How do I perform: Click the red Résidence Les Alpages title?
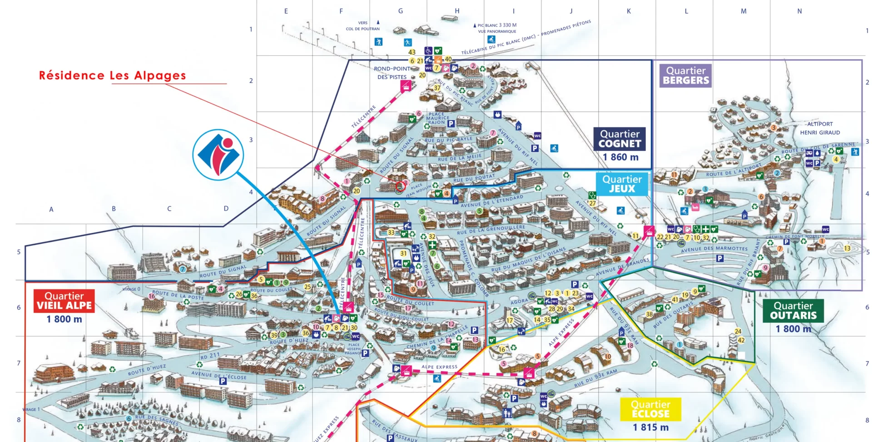(112, 75)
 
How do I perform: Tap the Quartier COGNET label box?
(619, 139)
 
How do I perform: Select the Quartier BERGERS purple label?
(685, 75)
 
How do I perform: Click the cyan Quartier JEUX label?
(622, 184)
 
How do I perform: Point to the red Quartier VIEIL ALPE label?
(64, 301)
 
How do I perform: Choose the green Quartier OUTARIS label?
(793, 311)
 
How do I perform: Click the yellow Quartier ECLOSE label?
(650, 409)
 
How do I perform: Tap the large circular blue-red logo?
(218, 155)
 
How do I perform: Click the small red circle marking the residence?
(400, 186)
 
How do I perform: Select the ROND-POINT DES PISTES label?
(392, 73)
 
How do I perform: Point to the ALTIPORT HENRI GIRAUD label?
(820, 128)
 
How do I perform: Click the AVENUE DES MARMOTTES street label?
(714, 249)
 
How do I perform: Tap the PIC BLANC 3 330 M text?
(497, 25)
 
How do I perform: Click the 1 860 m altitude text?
(620, 157)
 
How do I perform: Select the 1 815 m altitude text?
(650, 427)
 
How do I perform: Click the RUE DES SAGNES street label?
(157, 419)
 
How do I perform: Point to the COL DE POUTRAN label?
(362, 29)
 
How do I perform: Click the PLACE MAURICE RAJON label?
(436, 118)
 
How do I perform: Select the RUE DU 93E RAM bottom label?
(595, 378)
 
